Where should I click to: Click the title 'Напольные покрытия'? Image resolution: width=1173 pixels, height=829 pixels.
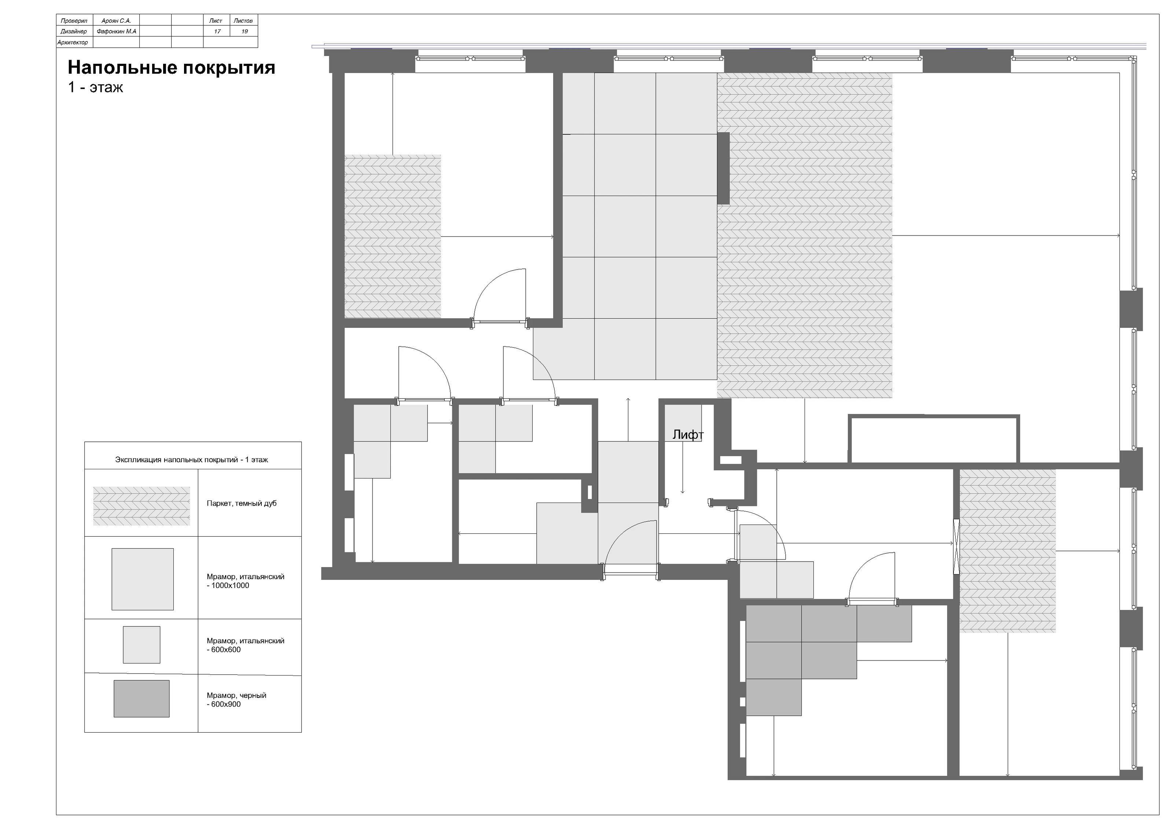click(x=172, y=68)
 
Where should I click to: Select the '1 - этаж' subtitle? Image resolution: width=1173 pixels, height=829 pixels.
click(x=96, y=87)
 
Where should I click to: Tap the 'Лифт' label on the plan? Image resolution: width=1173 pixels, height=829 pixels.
click(x=688, y=435)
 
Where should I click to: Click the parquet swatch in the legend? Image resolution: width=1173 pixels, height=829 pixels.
click(x=141, y=506)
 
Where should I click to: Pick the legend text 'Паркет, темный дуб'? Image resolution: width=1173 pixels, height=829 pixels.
click(x=242, y=503)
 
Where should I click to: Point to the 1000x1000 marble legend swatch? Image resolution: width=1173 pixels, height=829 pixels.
click(x=143, y=580)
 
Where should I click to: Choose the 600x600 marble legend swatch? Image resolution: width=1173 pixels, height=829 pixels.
click(x=141, y=645)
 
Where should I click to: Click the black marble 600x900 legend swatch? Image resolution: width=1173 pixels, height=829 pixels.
click(x=141, y=698)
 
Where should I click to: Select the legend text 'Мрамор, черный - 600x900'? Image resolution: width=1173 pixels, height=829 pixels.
click(x=236, y=700)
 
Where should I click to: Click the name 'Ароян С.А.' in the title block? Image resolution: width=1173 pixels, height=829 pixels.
click(x=117, y=21)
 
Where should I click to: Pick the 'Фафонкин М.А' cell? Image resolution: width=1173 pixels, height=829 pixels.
click(x=117, y=32)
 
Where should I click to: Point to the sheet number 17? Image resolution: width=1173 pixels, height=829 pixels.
click(x=217, y=32)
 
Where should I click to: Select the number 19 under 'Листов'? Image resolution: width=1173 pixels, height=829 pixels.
click(x=245, y=32)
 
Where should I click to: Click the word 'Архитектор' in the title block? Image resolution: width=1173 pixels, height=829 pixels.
click(x=73, y=43)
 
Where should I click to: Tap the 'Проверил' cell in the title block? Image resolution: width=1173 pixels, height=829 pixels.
click(x=74, y=21)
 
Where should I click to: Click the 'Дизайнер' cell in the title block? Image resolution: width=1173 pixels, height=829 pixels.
click(x=74, y=32)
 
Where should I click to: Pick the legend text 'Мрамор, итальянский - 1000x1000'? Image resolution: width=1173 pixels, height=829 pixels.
click(x=246, y=581)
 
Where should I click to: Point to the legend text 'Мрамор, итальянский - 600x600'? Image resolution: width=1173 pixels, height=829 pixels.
click(x=246, y=645)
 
